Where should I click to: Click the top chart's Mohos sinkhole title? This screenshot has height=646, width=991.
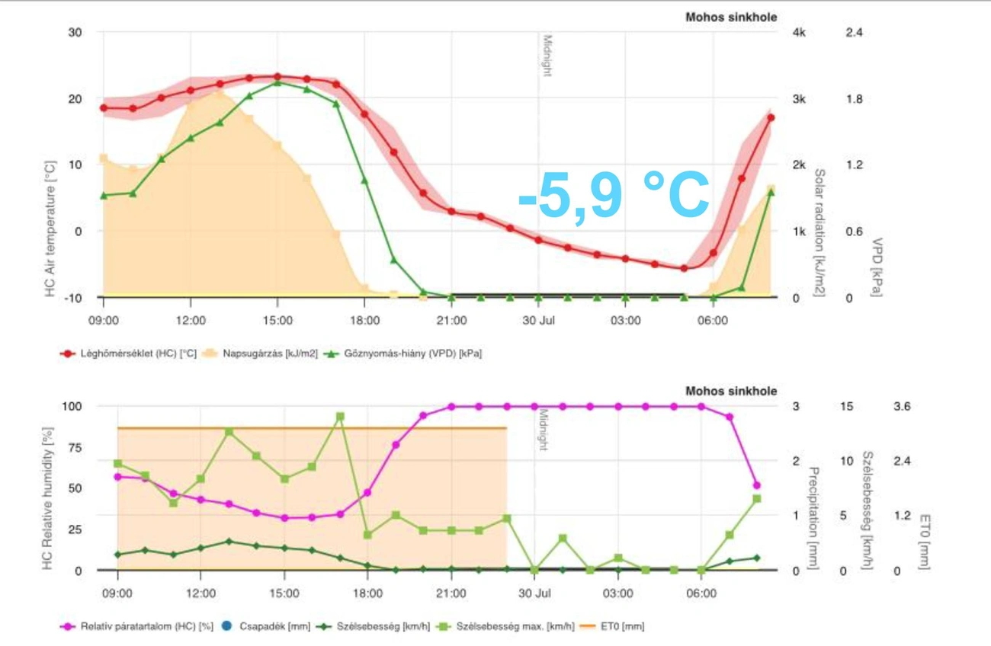click(731, 17)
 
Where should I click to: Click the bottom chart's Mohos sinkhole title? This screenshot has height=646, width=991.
click(731, 391)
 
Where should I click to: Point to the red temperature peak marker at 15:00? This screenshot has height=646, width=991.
click(277, 77)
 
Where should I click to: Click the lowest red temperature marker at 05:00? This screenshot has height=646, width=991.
click(684, 268)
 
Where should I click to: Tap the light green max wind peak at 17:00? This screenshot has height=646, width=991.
click(340, 417)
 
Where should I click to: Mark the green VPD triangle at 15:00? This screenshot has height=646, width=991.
click(277, 82)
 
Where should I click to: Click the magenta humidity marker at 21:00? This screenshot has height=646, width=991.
click(451, 407)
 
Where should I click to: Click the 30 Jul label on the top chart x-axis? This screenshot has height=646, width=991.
click(538, 321)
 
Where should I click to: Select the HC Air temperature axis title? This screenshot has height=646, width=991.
click(50, 229)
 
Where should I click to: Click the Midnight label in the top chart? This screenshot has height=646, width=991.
click(547, 55)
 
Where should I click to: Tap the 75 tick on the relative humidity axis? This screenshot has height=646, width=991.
click(73, 448)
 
